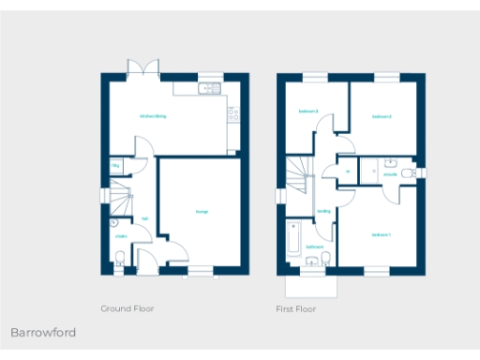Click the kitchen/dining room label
(153, 116)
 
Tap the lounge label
(202, 212)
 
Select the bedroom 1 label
(380, 234)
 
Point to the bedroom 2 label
(381, 117)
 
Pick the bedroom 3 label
(308, 112)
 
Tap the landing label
(323, 211)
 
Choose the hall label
(144, 219)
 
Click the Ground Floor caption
(127, 308)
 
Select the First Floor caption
(295, 308)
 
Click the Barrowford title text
(43, 333)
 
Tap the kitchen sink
(207, 89)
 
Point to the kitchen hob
(231, 115)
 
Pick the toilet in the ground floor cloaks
(117, 264)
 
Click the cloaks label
(121, 236)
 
